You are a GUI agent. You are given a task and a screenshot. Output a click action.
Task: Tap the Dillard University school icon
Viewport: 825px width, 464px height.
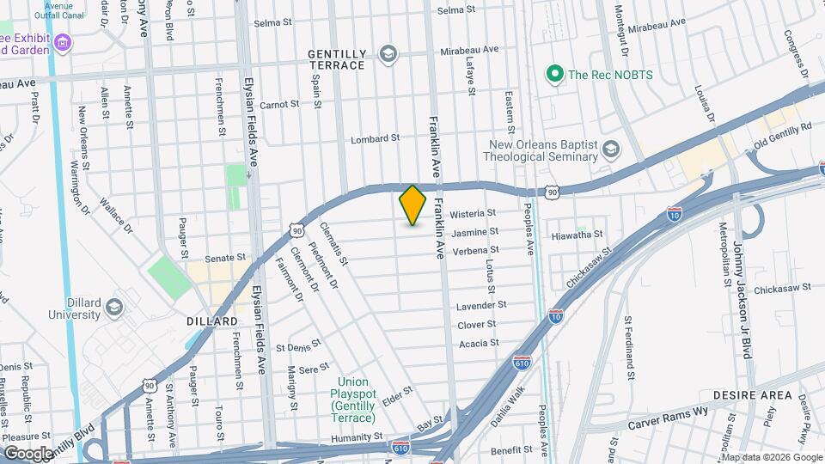[113, 308]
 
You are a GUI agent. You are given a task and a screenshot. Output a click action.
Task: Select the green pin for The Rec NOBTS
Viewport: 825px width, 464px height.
[555, 75]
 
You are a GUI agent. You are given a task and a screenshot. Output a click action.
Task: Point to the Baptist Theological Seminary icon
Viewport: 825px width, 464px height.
[611, 150]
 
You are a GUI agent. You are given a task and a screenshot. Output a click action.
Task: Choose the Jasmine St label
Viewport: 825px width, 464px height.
[475, 232]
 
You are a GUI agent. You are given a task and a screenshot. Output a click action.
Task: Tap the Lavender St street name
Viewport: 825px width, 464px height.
[481, 305]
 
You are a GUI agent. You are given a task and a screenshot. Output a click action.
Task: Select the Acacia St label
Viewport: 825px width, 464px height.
[479, 343]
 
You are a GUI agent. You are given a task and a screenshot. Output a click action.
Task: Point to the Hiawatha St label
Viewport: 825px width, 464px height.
[577, 234]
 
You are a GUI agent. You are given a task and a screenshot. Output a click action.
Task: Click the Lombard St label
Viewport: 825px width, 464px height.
[376, 137]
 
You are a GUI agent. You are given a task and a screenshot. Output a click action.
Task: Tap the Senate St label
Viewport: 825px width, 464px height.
[225, 257]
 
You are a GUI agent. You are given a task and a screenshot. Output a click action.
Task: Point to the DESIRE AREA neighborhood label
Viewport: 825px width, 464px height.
[752, 395]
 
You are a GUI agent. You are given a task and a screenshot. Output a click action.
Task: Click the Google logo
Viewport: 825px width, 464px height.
[27, 454]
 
